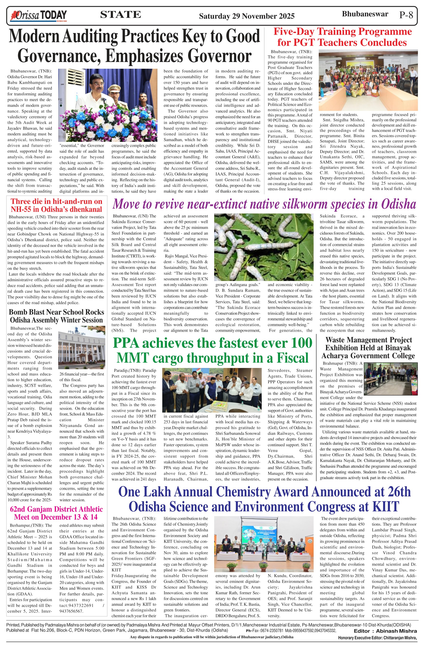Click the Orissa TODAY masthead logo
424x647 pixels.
[x=38, y=16]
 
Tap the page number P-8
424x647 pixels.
[x=406, y=15]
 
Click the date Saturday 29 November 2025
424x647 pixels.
[x=247, y=16]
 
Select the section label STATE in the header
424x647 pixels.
[x=120, y=15]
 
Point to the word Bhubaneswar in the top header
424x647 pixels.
[x=365, y=14]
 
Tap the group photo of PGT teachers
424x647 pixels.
[x=368, y=80]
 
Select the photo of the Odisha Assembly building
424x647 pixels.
[x=82, y=347]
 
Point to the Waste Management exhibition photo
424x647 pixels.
[x=391, y=379]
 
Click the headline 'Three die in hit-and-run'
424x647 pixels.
[x=56, y=205]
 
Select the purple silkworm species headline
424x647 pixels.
[x=264, y=204]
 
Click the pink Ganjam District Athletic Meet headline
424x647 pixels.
[x=56, y=513]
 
